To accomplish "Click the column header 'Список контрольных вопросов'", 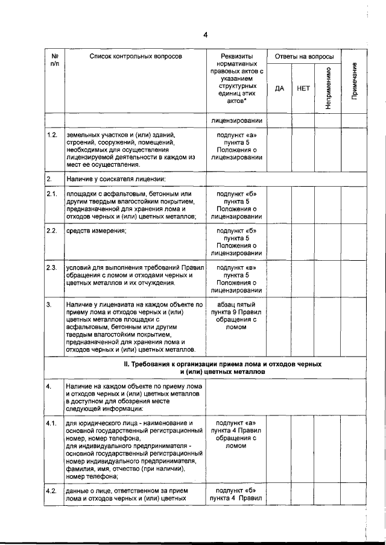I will click(x=135, y=56).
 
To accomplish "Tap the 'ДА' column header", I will click(x=279, y=88).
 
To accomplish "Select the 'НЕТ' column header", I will click(x=303, y=88).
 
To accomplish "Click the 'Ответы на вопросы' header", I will click(x=304, y=56).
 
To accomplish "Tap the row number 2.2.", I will click(x=52, y=231).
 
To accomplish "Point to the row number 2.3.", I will click(x=52, y=267).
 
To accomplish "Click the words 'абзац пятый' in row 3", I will click(x=237, y=305).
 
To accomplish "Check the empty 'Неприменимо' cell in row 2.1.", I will click(x=327, y=205).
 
